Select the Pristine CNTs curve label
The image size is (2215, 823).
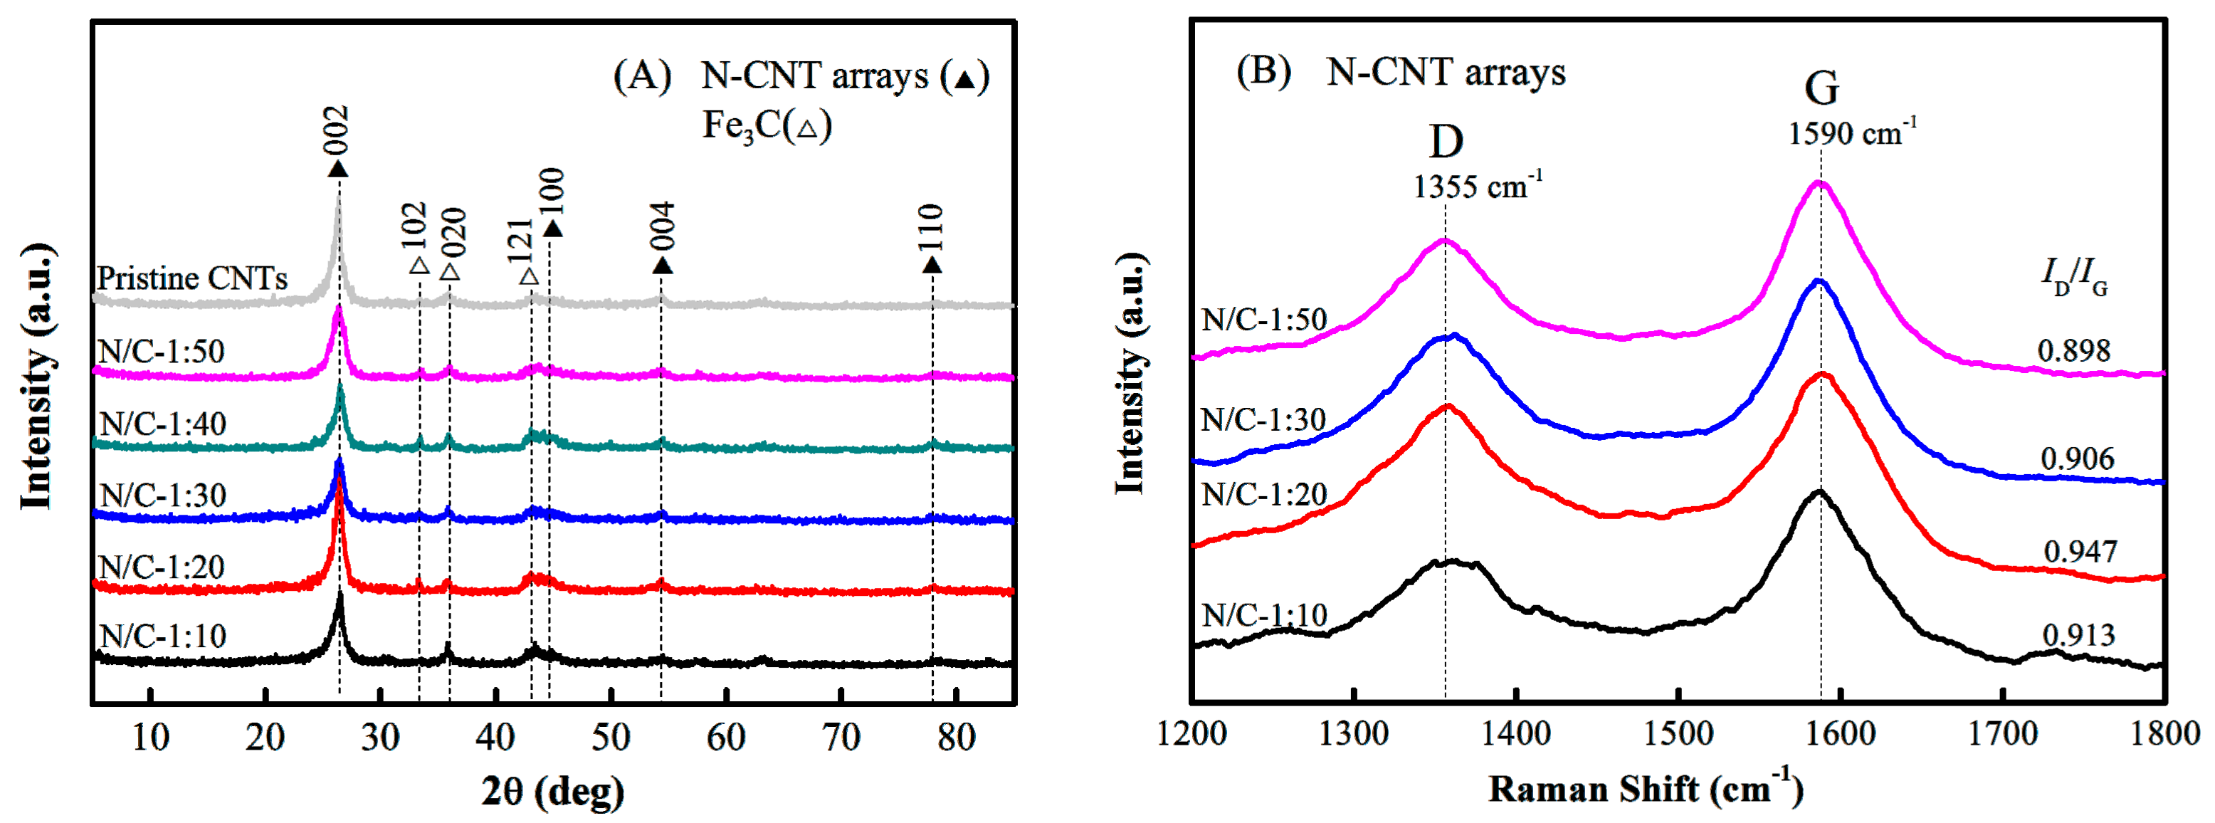tap(191, 278)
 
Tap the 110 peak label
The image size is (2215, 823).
tap(931, 227)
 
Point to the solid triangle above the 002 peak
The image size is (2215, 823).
tap(338, 169)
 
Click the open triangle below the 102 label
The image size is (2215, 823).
tap(419, 266)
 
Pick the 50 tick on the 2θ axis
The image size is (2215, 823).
tap(611, 738)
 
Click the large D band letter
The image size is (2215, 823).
tap(1446, 142)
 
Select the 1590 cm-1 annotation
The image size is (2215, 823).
tap(1851, 133)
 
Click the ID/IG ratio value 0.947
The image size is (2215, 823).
tap(2079, 551)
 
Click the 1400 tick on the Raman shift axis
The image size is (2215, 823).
tap(1516, 733)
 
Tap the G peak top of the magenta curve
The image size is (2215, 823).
tap(1819, 182)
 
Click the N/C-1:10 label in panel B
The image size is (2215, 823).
tap(1264, 616)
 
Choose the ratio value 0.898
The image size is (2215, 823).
tap(2073, 351)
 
